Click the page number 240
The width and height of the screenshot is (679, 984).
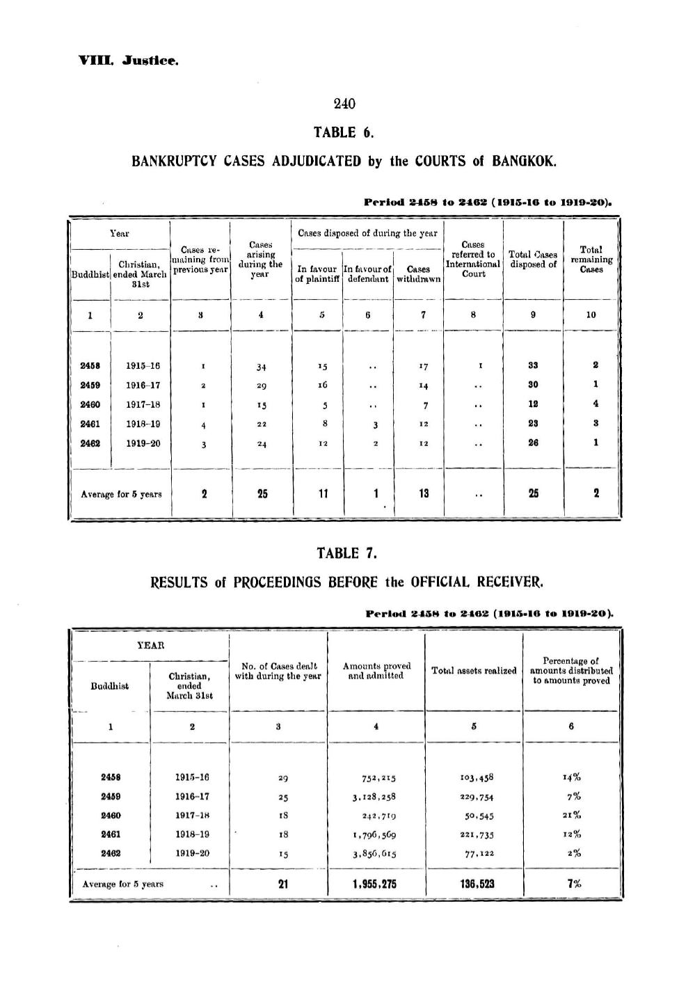click(x=344, y=104)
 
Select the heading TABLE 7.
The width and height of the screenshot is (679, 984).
click(x=346, y=554)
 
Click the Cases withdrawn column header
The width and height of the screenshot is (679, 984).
click(x=418, y=273)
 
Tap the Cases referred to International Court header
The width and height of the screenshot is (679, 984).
click(x=473, y=259)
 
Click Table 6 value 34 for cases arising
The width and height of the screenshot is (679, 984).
click(x=261, y=367)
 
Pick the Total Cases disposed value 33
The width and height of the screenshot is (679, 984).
click(x=533, y=365)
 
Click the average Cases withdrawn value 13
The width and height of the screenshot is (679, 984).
click(x=423, y=493)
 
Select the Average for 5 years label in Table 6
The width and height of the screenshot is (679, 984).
click(x=121, y=495)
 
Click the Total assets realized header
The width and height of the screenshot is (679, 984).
click(x=474, y=671)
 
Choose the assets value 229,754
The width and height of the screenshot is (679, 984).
click(x=473, y=797)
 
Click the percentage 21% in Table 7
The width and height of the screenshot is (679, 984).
click(x=573, y=816)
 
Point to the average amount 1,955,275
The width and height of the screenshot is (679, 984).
click(x=375, y=884)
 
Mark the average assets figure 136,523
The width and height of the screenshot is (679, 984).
click(x=473, y=884)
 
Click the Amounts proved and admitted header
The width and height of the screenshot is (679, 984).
click(x=376, y=671)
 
